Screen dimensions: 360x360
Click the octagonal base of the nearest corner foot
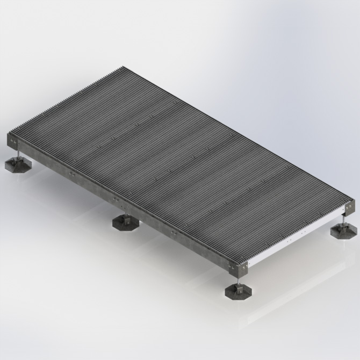(x=238, y=292)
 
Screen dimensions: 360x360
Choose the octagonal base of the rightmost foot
(x=342, y=232)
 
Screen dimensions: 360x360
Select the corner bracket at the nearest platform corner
(x=237, y=265)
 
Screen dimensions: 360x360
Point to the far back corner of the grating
(x=123, y=67)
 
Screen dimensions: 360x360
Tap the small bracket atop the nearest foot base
(x=237, y=286)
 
